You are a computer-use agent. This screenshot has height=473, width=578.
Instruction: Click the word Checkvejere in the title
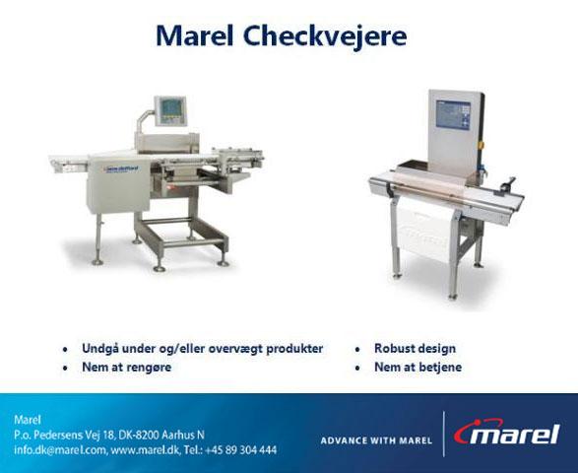coord(325,36)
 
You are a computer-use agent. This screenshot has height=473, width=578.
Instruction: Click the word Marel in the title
coord(195,35)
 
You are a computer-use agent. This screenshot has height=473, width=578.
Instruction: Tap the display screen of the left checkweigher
coord(170,108)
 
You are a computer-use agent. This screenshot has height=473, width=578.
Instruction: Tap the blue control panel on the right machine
coord(453,114)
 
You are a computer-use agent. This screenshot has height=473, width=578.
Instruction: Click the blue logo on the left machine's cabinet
coord(122,169)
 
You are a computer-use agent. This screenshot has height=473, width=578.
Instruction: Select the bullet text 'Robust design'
coord(415,348)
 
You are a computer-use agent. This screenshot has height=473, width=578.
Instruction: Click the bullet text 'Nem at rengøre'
coord(126,368)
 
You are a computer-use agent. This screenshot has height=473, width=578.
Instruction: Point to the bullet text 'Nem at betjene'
coord(417,368)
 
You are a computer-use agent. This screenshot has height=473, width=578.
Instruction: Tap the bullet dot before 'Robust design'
coord(357,349)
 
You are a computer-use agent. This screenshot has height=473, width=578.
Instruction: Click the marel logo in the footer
coord(507,433)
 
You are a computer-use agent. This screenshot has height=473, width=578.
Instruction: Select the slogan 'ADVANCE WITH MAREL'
coord(376,440)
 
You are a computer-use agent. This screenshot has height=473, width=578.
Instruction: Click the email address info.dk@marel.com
coord(60,450)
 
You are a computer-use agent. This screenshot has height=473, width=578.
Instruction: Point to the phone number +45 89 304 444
coord(240,450)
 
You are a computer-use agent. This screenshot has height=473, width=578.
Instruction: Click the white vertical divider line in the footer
coord(444,434)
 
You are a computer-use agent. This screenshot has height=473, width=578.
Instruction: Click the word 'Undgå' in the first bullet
coord(98,349)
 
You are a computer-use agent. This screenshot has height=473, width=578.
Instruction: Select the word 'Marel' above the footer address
coord(28,420)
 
